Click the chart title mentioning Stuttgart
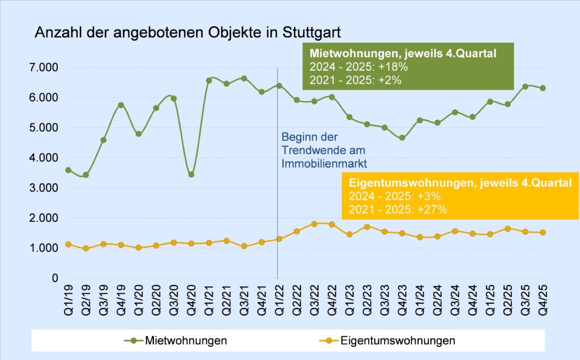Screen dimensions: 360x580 (x=188, y=32)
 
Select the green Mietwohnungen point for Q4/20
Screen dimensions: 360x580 (x=191, y=174)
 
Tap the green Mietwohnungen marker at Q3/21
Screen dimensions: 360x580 (x=244, y=78)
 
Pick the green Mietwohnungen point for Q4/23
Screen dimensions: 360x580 (x=402, y=138)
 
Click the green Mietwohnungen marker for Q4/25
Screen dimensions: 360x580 (x=543, y=88)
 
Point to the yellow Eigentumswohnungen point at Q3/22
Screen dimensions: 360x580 (x=314, y=224)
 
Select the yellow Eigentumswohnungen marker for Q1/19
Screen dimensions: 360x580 (x=68, y=245)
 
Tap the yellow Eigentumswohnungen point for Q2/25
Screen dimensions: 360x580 (x=507, y=229)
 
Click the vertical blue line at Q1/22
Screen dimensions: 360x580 (x=278, y=113)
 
